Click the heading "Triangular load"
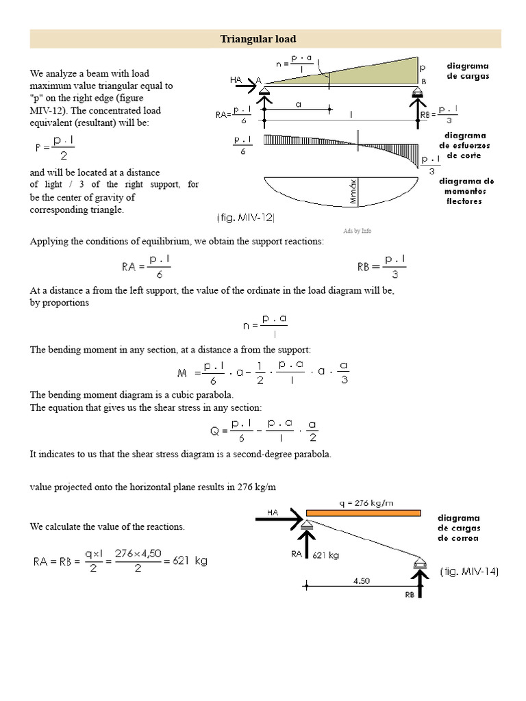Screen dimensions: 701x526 point(258,39)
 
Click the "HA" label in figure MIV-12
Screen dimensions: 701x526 point(236,80)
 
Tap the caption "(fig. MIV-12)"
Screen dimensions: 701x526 point(245,218)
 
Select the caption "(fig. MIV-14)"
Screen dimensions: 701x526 point(470,571)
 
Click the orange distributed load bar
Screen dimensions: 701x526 point(363,512)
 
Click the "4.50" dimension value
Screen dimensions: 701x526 point(361,581)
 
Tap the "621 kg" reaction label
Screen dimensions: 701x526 point(326,555)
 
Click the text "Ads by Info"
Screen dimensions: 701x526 point(357,231)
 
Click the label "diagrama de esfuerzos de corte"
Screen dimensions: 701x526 point(464,145)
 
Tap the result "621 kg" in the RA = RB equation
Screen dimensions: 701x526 point(191,561)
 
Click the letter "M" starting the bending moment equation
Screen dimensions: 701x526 point(181,374)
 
